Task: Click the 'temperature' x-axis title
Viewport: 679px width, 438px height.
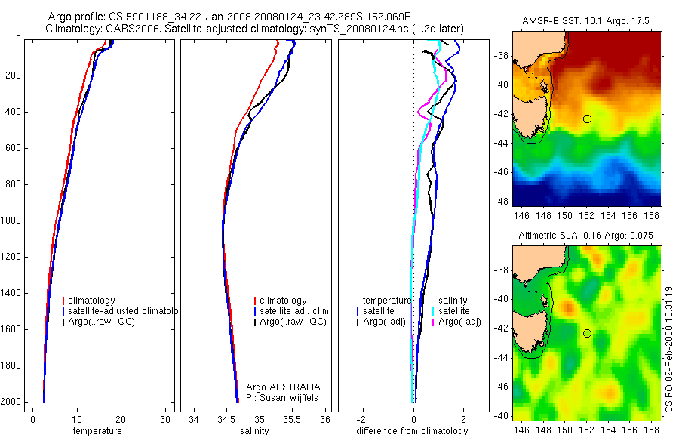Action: (97, 431)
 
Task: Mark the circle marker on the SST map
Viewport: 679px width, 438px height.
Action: (587, 119)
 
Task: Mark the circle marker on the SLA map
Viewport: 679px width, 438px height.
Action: (587, 333)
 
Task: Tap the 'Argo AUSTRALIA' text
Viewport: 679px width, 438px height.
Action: (283, 387)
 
